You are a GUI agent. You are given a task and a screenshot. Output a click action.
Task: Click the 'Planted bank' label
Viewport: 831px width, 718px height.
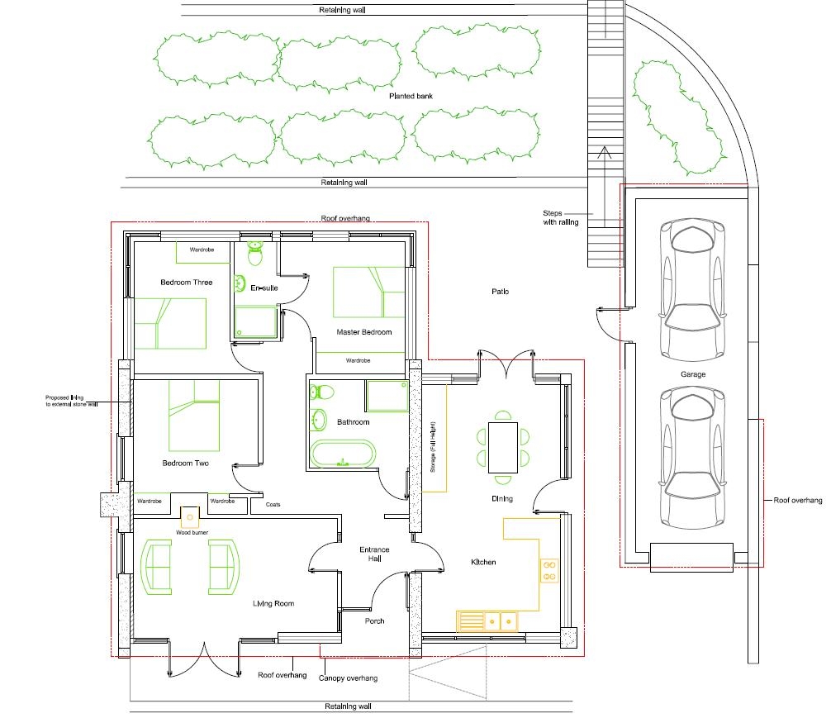point(411,96)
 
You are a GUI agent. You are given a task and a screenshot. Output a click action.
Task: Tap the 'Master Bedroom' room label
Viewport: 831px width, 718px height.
point(363,332)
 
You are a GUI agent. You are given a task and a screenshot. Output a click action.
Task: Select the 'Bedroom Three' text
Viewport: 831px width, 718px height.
point(186,283)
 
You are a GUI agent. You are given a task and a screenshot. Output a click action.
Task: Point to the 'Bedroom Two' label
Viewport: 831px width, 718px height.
point(185,464)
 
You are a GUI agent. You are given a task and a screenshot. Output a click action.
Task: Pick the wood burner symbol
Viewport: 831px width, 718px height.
point(190,517)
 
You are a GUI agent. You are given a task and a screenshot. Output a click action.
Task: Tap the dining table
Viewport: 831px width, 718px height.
point(502,447)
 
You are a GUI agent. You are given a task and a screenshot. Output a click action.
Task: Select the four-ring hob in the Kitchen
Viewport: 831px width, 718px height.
point(549,570)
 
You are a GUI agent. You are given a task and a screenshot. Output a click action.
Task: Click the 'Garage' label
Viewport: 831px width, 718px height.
point(693,374)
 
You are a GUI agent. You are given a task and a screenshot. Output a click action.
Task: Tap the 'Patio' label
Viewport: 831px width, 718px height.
point(500,292)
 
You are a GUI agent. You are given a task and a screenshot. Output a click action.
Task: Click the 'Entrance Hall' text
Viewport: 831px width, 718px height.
point(374,554)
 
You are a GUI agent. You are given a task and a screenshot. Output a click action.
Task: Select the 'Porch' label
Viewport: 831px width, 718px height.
point(374,621)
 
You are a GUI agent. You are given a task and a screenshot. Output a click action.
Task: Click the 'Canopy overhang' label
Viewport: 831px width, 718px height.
point(348,678)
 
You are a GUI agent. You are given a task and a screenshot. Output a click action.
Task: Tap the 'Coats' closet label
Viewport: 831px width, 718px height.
point(273,504)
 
